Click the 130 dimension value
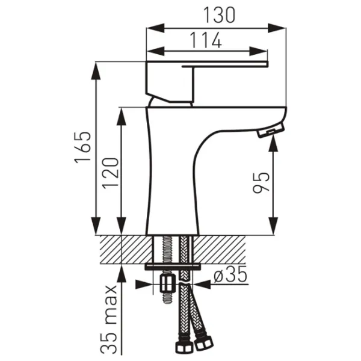(220, 14)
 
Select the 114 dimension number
(206, 40)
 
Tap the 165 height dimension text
(82, 147)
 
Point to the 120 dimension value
(111, 173)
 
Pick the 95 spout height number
(261, 182)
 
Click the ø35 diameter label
(230, 274)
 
